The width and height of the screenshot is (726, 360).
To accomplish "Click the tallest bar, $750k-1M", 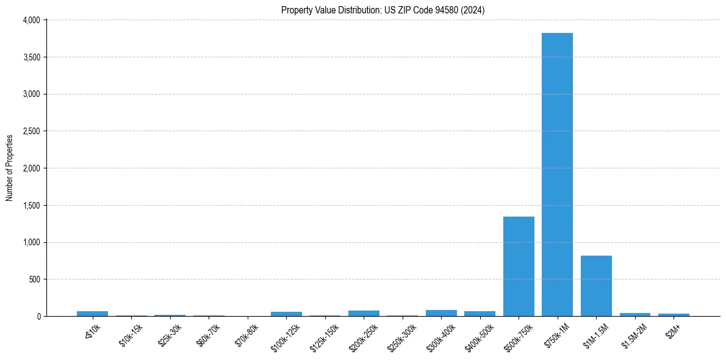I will [557, 175].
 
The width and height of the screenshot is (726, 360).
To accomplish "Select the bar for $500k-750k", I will [519, 266].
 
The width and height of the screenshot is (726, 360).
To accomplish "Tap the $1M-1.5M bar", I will [596, 286].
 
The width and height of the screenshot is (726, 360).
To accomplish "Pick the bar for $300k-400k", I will [441, 313].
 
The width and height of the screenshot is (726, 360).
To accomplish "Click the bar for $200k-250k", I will [364, 313].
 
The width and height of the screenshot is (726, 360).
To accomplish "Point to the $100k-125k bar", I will [286, 314].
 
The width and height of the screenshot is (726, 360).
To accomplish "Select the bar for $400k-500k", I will [480, 314].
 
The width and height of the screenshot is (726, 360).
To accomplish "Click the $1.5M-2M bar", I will [635, 314].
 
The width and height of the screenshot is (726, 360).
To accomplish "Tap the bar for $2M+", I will [674, 315].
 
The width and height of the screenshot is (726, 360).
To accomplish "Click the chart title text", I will [383, 10].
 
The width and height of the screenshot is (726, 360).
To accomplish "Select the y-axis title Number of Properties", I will [10, 168].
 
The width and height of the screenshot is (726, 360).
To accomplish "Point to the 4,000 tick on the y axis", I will [31, 20].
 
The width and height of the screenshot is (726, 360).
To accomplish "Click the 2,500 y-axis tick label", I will [31, 131].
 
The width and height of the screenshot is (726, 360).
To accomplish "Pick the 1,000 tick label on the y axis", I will [31, 242].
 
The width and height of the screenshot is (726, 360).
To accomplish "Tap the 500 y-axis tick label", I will [34, 279].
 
